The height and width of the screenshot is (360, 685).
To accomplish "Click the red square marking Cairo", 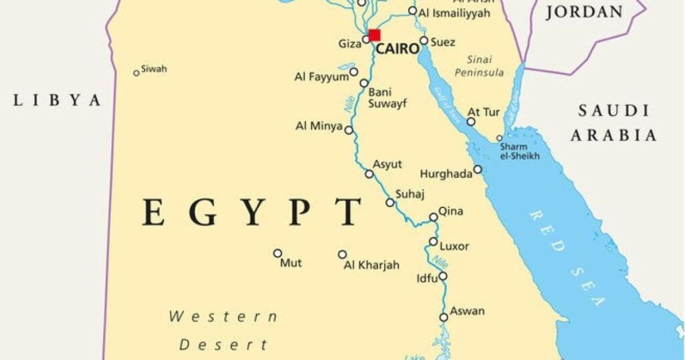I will [x=374, y=35].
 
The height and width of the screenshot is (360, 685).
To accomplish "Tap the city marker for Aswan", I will [x=444, y=317].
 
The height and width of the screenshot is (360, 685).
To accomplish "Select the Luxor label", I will [x=454, y=246].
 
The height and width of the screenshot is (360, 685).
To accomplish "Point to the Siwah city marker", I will [x=136, y=73].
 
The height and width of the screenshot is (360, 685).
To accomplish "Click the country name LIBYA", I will [x=58, y=100].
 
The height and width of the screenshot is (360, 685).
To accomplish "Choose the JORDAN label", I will [x=584, y=12].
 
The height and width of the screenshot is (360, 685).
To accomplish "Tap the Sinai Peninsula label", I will [x=479, y=66].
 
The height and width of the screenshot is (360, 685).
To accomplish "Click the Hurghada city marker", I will [x=478, y=169].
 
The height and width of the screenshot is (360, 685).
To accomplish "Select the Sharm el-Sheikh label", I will [x=520, y=151].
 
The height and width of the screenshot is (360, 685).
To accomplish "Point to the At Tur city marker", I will [x=471, y=121].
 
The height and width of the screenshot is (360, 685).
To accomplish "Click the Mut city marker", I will [x=278, y=253].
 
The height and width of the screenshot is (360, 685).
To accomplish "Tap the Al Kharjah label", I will [x=371, y=265].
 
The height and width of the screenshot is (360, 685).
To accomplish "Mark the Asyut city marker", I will [x=369, y=174].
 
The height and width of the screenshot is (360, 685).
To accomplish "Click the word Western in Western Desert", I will [x=223, y=317].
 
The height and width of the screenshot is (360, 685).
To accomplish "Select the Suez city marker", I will [x=423, y=41].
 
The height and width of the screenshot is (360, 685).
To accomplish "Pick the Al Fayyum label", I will [x=322, y=77].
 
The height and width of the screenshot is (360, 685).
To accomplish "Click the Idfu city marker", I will [x=443, y=276].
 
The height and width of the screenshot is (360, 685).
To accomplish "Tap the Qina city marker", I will [x=433, y=217].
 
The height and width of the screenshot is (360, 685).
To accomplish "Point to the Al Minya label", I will [x=319, y=126].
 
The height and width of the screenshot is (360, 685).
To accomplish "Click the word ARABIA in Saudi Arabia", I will [x=613, y=135].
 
